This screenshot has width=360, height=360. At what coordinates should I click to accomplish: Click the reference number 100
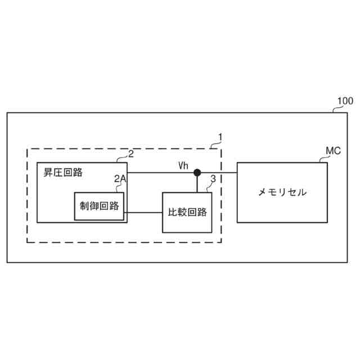pos(345,101)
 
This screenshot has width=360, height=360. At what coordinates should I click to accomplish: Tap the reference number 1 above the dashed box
pos(221,137)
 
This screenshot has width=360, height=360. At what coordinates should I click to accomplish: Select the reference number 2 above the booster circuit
pos(130,154)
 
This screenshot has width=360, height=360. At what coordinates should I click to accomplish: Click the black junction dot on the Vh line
pos(197,172)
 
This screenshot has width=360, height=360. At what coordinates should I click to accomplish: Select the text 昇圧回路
pos(63,173)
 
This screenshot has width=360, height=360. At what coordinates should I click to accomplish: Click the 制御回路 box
pos(100,206)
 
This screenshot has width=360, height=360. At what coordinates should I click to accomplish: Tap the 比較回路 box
pos(188,212)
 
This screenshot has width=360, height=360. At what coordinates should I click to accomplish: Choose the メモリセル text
pos(282,192)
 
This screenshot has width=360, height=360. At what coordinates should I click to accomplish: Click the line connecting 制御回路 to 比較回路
pos(144,212)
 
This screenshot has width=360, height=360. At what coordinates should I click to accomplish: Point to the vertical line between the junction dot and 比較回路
pos(197,184)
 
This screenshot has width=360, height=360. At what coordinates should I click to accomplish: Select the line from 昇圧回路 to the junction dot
pos(160,172)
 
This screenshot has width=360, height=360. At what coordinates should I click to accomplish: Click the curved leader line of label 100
pos(334,109)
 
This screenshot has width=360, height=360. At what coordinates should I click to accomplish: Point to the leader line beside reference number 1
pos(214,145)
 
